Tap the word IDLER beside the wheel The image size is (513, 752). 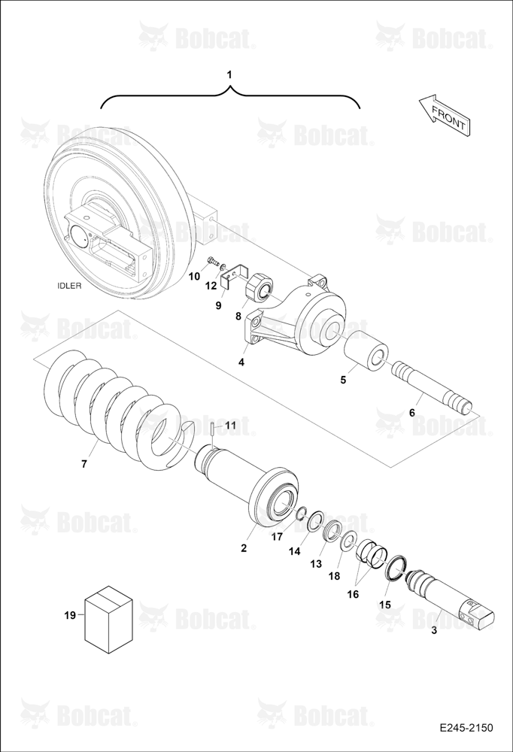pyautogui.click(x=69, y=286)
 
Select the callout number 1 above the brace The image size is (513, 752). pyautogui.click(x=229, y=74)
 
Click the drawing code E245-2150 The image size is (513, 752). pyautogui.click(x=466, y=728)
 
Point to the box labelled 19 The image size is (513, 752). pyautogui.click(x=108, y=619)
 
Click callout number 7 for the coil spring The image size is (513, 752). pyautogui.click(x=84, y=464)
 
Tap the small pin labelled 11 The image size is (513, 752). pyautogui.click(x=211, y=429)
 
